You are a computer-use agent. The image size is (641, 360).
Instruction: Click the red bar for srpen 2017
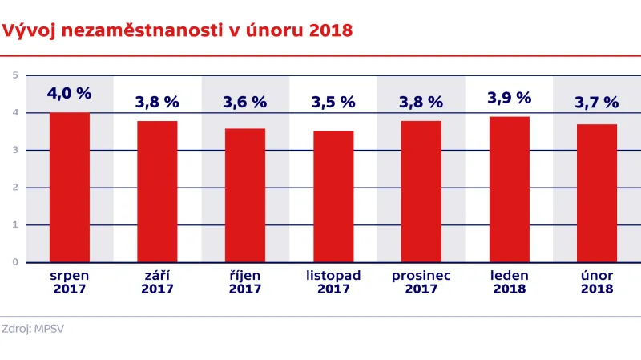[x=69, y=188]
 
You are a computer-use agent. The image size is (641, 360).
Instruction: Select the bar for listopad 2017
[x=333, y=196]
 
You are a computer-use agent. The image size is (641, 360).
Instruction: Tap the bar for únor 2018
[x=597, y=193]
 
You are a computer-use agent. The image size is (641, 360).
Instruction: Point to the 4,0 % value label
[x=69, y=94]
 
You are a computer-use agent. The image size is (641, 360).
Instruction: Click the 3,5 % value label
[x=333, y=102]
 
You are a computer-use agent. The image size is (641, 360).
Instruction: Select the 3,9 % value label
[x=509, y=98]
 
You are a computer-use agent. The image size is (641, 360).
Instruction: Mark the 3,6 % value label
[x=245, y=102]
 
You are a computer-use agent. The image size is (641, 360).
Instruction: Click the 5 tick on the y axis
[x=15, y=75]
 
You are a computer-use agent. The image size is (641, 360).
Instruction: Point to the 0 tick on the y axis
[x=15, y=262]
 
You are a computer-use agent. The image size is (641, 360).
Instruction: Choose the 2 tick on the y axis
[x=15, y=188]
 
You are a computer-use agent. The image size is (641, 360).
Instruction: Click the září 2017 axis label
[x=157, y=282]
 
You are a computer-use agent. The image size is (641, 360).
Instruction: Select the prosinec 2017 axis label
[x=421, y=282]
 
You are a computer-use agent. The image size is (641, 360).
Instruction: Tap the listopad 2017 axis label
[x=333, y=282]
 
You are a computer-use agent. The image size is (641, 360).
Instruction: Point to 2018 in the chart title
[x=331, y=31]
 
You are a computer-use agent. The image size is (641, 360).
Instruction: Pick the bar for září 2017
[x=157, y=192]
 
